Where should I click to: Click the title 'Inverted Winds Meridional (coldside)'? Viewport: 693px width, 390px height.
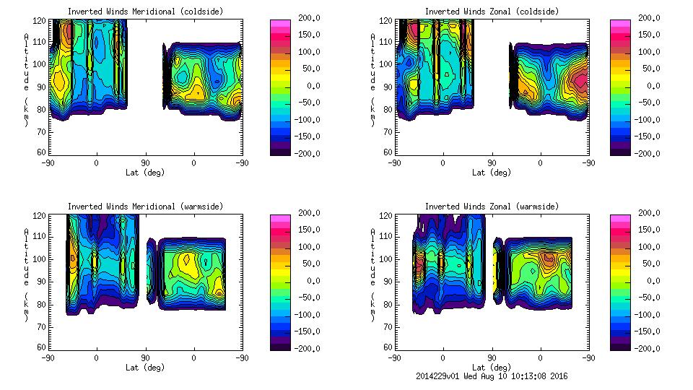[x=145, y=12]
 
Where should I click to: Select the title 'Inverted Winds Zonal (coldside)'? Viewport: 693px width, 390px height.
[x=492, y=12]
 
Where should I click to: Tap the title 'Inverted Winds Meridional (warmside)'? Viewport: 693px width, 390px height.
[x=145, y=207]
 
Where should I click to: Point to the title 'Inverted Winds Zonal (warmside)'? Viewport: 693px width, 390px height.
[x=492, y=207]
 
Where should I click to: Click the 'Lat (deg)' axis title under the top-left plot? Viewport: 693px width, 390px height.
[x=145, y=173]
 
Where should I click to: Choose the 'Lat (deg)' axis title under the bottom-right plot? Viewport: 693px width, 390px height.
[x=492, y=368]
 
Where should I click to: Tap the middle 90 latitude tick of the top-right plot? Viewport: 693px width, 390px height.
[x=492, y=163]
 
